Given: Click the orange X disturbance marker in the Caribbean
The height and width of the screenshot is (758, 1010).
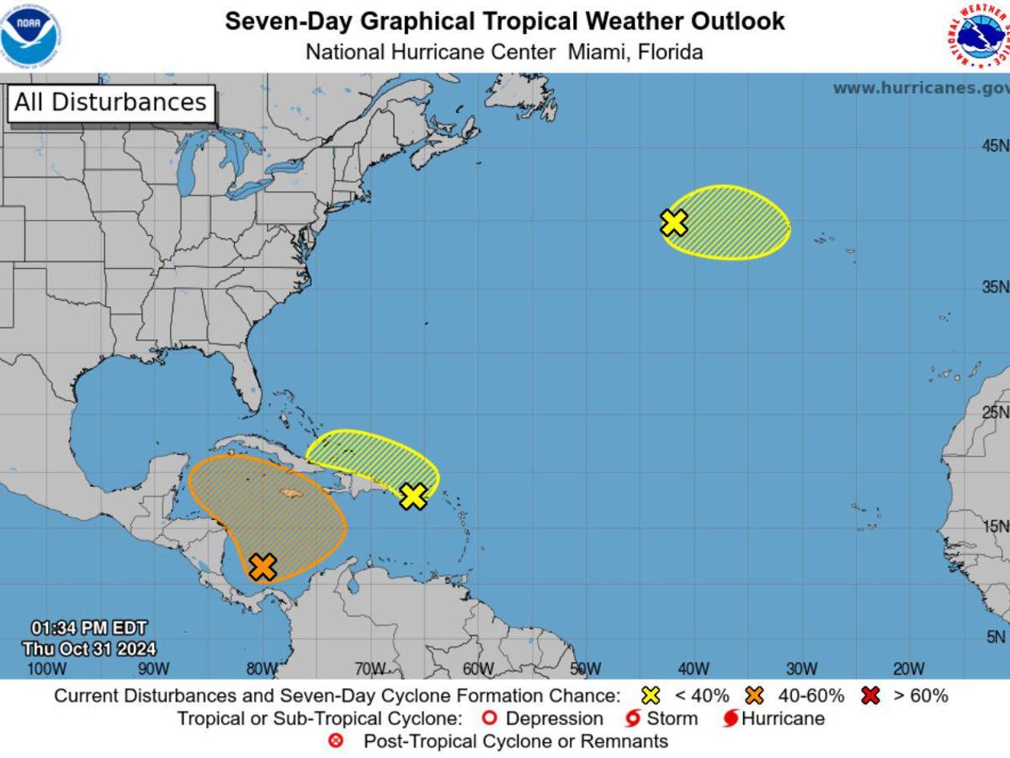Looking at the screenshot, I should point(263,567).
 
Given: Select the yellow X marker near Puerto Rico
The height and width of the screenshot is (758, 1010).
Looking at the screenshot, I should point(413,497).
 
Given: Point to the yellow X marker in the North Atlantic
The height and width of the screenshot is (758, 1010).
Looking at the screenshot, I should point(674,222).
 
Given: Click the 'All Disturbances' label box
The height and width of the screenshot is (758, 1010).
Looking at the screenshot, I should point(111,103).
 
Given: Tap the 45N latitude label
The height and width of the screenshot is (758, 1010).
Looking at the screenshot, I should point(995,146).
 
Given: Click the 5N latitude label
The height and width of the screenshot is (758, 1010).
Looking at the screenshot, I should point(995,637).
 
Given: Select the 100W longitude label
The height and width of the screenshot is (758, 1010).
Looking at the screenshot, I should point(46,669).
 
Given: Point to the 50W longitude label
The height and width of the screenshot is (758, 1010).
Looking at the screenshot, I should point(585,669).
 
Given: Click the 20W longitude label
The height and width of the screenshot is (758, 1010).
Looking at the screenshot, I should point(908,669).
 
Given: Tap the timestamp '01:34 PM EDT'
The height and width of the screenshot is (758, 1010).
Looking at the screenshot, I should point(89,628).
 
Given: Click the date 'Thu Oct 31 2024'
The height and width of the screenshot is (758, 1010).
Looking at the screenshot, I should point(89,649).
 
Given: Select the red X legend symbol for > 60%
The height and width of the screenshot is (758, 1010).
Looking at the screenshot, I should point(870,695).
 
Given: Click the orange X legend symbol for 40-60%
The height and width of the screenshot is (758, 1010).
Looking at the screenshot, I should point(754,695).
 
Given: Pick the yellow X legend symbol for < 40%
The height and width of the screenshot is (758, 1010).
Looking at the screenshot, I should point(651,695).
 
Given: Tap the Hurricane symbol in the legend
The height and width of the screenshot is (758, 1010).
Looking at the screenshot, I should point(730,719).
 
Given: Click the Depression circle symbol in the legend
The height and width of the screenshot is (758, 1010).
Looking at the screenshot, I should point(490,719).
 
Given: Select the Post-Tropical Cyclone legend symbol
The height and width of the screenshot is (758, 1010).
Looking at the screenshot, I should point(336,741).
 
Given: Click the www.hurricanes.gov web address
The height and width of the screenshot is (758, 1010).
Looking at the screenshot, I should point(920,88).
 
